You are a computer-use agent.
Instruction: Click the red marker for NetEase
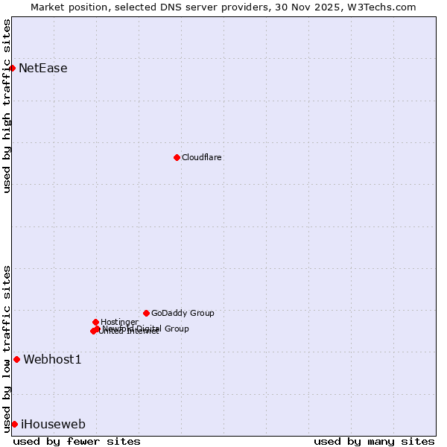[x=13, y=69]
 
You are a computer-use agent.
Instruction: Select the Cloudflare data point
[x=177, y=157]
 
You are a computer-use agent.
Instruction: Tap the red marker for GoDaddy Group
[x=146, y=313]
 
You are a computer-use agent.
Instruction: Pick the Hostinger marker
[x=95, y=322]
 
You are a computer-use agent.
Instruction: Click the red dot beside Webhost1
[x=16, y=360]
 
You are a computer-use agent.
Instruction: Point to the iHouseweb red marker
[x=14, y=424]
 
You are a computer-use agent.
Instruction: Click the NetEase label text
[x=43, y=69]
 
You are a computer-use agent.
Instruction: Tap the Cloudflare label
[x=202, y=157]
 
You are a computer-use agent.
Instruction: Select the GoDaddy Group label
[x=183, y=313]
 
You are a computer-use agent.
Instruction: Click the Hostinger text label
[x=119, y=322]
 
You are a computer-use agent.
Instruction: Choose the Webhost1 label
[x=52, y=360]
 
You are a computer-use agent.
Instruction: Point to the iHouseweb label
[x=53, y=425]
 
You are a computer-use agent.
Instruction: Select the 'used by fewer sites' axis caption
[x=77, y=441]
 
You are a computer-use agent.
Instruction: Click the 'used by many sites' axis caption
[x=374, y=441]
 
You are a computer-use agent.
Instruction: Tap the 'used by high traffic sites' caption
[x=7, y=106]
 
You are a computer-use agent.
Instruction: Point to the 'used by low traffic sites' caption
[x=7, y=349]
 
